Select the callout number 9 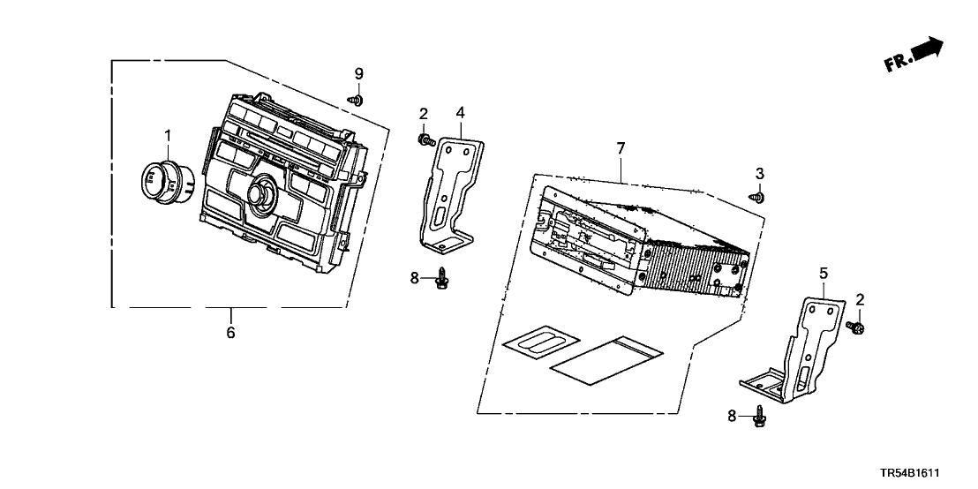358,72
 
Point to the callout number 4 460,112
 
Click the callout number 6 231,332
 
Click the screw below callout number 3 757,198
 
